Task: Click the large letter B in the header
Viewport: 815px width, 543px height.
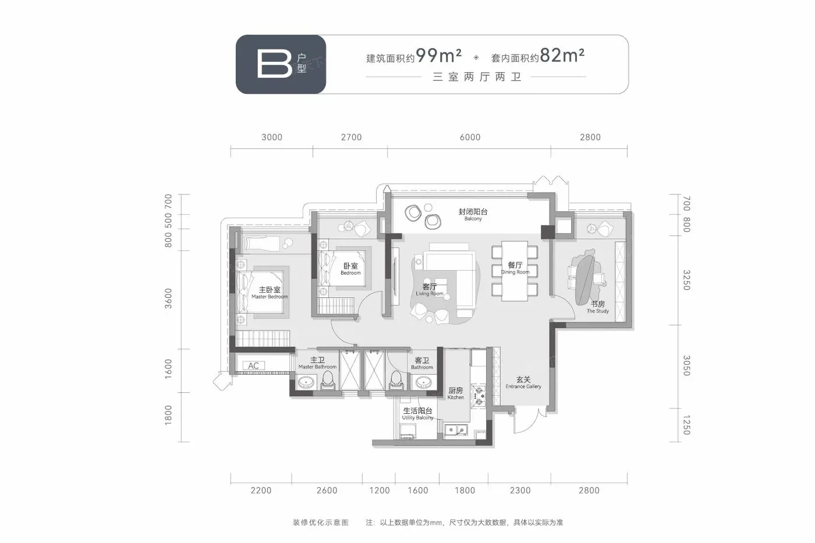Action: (275, 64)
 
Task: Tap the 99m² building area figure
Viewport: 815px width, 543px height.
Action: (439, 56)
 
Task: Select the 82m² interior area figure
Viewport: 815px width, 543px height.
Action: (562, 55)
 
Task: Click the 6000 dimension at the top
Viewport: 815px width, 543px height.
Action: (470, 137)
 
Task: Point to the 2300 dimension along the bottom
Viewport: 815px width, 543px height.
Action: (520, 490)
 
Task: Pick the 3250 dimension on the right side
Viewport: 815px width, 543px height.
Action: (686, 280)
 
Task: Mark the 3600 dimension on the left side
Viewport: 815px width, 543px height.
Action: (168, 299)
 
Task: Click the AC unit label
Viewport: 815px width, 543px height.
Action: (254, 365)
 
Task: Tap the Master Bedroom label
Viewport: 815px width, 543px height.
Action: (270, 292)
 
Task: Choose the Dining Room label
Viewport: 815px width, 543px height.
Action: (515, 268)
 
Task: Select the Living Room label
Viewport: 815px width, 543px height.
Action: (430, 289)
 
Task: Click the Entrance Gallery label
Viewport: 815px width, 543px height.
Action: (523, 382)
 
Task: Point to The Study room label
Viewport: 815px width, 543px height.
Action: (598, 307)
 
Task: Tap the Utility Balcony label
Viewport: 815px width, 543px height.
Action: (418, 414)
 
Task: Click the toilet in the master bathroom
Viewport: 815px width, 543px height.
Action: (328, 381)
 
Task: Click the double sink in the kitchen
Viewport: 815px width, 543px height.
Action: (456, 430)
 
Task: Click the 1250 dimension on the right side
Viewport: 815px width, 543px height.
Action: (686, 425)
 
